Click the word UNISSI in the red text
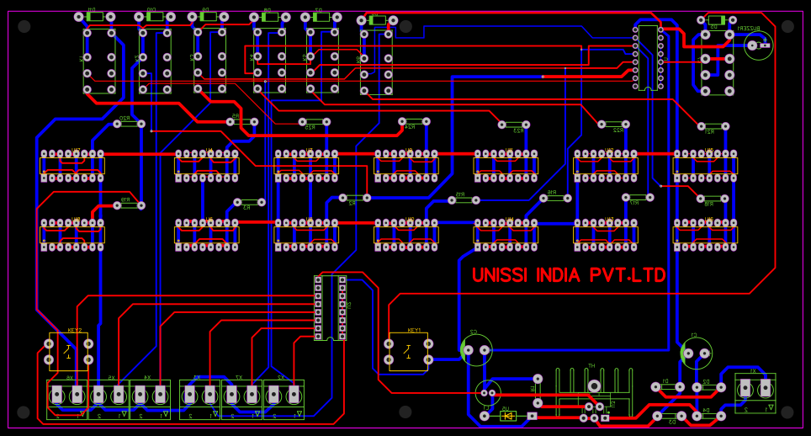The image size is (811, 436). point(501,276)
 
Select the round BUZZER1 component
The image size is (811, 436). point(758,45)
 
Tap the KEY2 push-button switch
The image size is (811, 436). point(68,351)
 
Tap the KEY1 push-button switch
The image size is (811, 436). point(408,351)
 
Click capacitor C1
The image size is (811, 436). point(696,353)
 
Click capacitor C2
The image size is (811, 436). point(476,349)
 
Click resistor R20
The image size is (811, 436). point(129,124)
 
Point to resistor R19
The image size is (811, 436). point(129,205)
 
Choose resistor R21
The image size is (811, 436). point(713,126)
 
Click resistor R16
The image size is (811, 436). point(555,198)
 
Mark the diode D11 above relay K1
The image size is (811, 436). point(95,16)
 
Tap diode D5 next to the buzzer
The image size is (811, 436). point(716,19)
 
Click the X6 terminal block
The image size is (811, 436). point(67,396)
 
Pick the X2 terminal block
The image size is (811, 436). point(284,396)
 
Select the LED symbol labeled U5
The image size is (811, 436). point(507,415)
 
